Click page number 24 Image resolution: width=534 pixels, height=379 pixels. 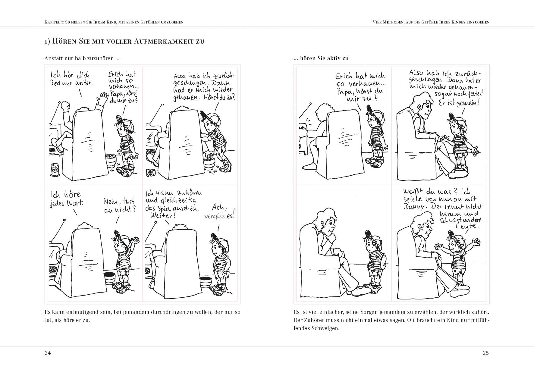coord(48,353)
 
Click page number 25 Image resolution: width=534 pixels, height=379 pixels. coord(486,353)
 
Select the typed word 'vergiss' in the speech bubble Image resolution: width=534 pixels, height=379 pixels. coord(215,217)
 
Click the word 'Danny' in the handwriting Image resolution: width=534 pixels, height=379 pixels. coord(414,207)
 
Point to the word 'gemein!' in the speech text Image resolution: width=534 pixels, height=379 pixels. coord(469,103)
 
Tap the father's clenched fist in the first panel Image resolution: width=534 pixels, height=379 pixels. coord(65,106)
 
